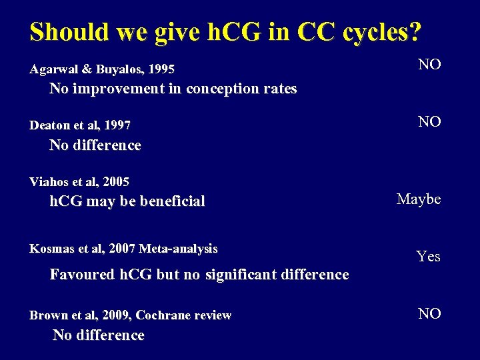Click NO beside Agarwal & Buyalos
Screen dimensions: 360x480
[x=429, y=65]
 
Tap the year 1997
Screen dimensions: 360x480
[x=117, y=125]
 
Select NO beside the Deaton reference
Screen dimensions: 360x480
[x=429, y=121]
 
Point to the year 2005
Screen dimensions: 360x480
[x=116, y=181]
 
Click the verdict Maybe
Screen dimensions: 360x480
[x=419, y=199]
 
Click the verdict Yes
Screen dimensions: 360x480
[x=428, y=256]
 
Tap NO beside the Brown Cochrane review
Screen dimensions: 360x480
[x=429, y=313]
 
